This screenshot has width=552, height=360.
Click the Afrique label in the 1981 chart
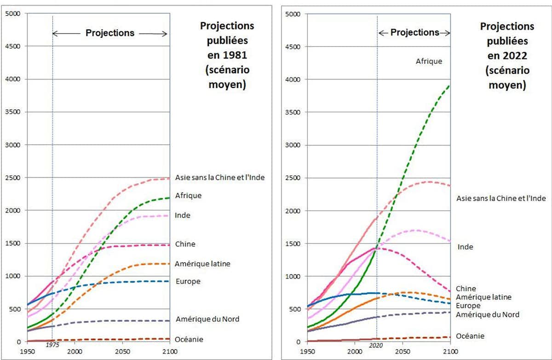(x=188, y=196)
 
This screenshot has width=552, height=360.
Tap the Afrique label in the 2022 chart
(x=429, y=61)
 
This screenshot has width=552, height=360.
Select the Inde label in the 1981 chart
(x=183, y=215)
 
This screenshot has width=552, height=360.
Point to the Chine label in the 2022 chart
(x=466, y=289)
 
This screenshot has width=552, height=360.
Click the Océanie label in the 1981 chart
(x=189, y=339)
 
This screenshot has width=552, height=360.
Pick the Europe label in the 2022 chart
(x=468, y=306)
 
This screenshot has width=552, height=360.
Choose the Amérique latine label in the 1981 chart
(x=202, y=264)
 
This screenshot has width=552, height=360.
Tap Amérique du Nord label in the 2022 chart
(x=488, y=314)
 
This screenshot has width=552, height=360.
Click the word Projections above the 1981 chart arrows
(x=110, y=33)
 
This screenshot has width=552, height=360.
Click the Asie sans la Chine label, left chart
(x=220, y=178)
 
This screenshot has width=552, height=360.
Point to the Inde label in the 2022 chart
(x=465, y=247)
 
